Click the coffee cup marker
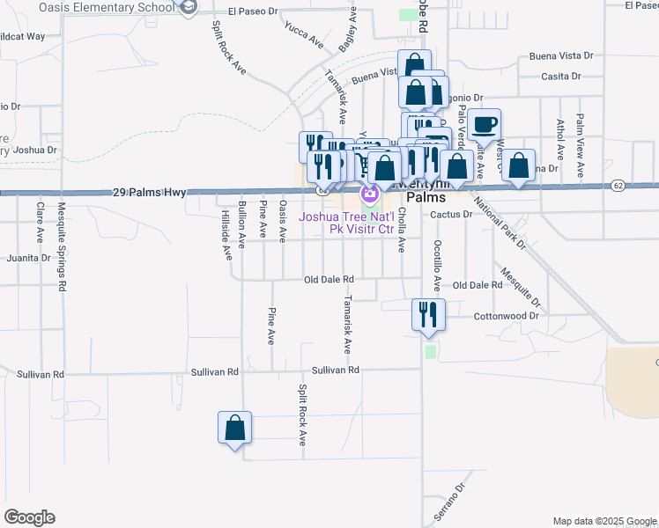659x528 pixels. point(483,125)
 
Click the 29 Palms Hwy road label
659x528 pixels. point(150,191)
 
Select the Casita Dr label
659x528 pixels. point(561,77)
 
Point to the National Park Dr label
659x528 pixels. point(499,224)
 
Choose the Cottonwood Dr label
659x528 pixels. point(506,316)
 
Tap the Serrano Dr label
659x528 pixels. point(447,501)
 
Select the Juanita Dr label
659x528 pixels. point(28,259)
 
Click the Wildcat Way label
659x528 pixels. point(21,36)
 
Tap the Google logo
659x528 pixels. point(29,517)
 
